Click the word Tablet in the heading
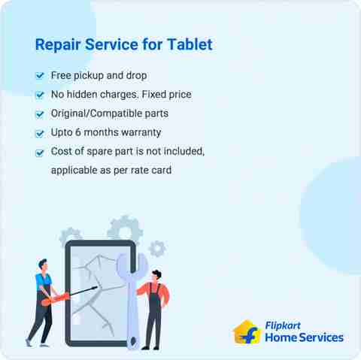pyautogui.click(x=189, y=44)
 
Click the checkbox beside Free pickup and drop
pyautogui.click(x=40, y=76)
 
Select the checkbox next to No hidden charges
pyautogui.click(x=40, y=95)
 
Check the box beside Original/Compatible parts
pyautogui.click(x=40, y=114)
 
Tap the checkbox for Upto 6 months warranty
pyautogui.click(x=40, y=133)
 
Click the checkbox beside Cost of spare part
pyautogui.click(x=40, y=152)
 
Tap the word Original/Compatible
pyautogui.click(x=97, y=114)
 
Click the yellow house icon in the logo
pyautogui.click(x=247, y=331)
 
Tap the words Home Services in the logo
pyautogui.click(x=304, y=338)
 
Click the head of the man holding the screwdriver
pyautogui.click(x=43, y=265)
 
